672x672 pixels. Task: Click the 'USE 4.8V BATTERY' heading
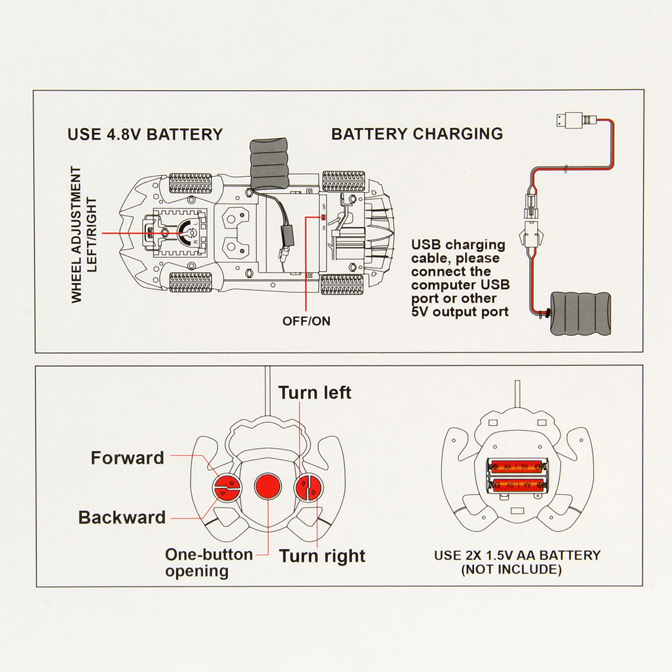click(145, 134)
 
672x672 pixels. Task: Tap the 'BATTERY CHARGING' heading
click(417, 134)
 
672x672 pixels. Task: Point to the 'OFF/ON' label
click(306, 321)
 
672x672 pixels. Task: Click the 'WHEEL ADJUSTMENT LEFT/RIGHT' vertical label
click(84, 235)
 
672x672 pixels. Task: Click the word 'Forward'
click(127, 458)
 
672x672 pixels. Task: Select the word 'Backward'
click(122, 517)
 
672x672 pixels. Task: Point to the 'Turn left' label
click(315, 393)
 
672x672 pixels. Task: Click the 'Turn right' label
click(322, 556)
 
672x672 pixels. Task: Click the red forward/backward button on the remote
click(226, 486)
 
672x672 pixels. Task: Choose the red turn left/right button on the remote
click(307, 486)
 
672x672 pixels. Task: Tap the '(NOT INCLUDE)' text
click(511, 570)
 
